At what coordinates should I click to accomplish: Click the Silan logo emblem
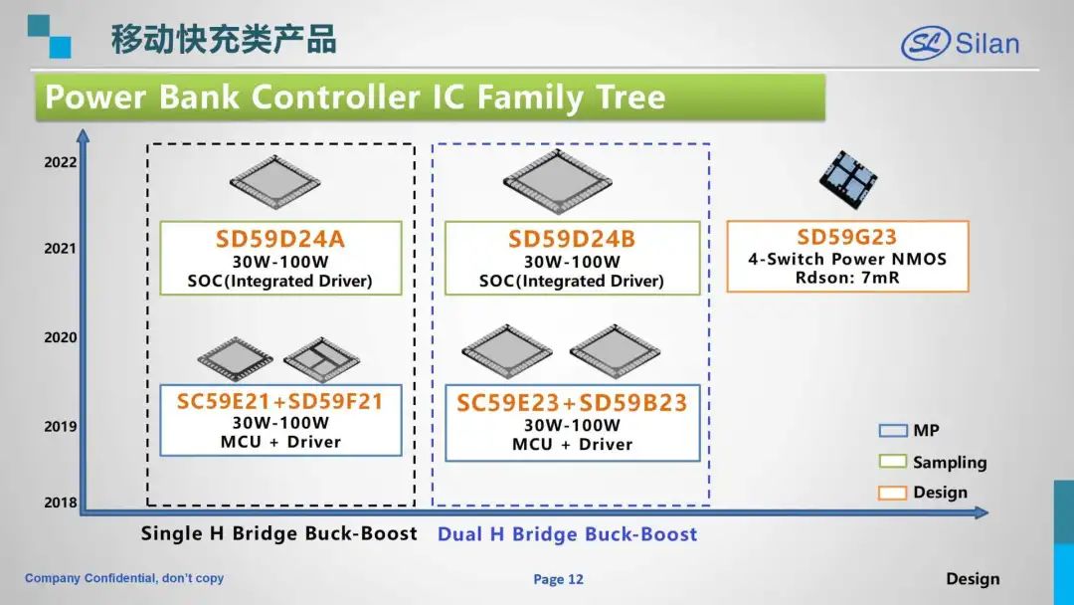pyautogui.click(x=926, y=43)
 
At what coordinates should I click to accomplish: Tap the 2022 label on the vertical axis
pyautogui.click(x=61, y=162)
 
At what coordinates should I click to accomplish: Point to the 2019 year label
pyautogui.click(x=61, y=426)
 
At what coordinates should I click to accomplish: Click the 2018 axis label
pyautogui.click(x=61, y=503)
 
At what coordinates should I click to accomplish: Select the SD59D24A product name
pyautogui.click(x=280, y=239)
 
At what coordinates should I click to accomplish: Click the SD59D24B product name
pyautogui.click(x=572, y=239)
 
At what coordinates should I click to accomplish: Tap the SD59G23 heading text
pyautogui.click(x=846, y=237)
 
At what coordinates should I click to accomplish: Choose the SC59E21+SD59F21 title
pyautogui.click(x=279, y=401)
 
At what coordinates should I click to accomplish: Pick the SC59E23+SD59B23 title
pyautogui.click(x=572, y=402)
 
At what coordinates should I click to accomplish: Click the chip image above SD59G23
pyautogui.click(x=848, y=179)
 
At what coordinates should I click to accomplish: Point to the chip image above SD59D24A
pyautogui.click(x=274, y=182)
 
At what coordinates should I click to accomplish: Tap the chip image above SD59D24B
pyautogui.click(x=558, y=181)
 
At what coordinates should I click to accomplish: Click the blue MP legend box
pyautogui.click(x=892, y=430)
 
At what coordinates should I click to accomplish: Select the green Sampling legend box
pyautogui.click(x=892, y=461)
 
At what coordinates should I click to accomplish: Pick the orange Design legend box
pyautogui.click(x=892, y=493)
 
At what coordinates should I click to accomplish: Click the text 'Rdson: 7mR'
pyautogui.click(x=847, y=278)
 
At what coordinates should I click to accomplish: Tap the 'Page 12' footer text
pyautogui.click(x=558, y=580)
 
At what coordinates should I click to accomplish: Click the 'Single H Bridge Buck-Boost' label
pyautogui.click(x=278, y=533)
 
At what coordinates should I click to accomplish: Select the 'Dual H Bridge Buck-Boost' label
pyautogui.click(x=567, y=533)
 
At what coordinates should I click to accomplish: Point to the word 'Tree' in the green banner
pyautogui.click(x=630, y=97)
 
